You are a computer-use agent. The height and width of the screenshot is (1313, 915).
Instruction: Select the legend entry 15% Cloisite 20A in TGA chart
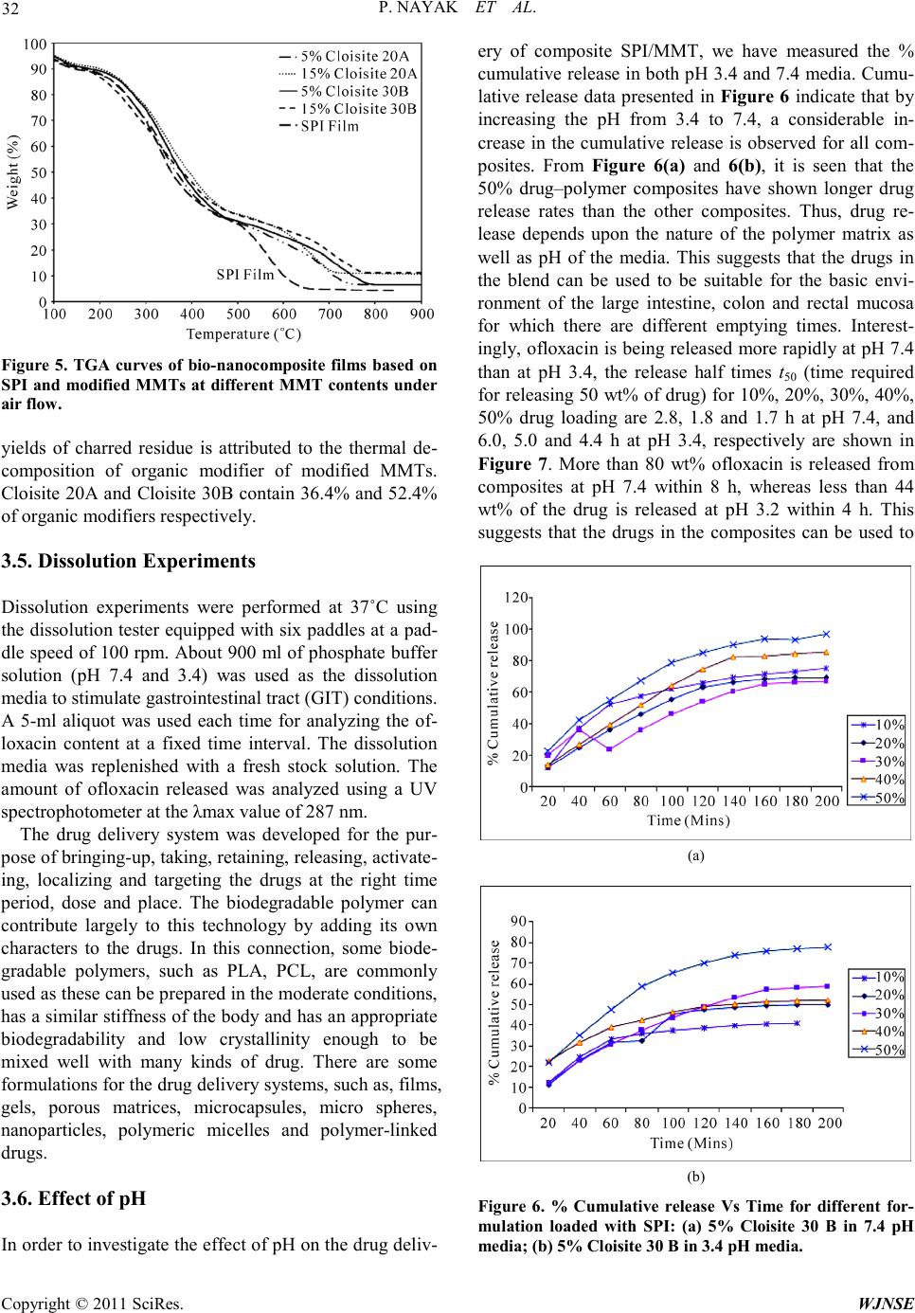tap(359, 72)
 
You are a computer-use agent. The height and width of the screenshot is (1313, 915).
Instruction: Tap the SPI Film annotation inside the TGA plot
tap(245, 276)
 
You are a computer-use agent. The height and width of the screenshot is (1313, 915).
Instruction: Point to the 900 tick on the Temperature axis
tap(422, 314)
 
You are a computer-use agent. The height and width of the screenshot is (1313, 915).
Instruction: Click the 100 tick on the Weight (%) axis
tap(35, 45)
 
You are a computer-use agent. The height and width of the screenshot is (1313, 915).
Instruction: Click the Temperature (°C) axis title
tap(243, 333)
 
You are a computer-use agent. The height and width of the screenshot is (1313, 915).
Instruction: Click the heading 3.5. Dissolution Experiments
tap(128, 561)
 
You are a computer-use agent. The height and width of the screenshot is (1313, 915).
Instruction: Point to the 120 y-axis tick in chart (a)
tap(515, 597)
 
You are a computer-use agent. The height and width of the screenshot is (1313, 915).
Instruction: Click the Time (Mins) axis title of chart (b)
tap(691, 1142)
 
